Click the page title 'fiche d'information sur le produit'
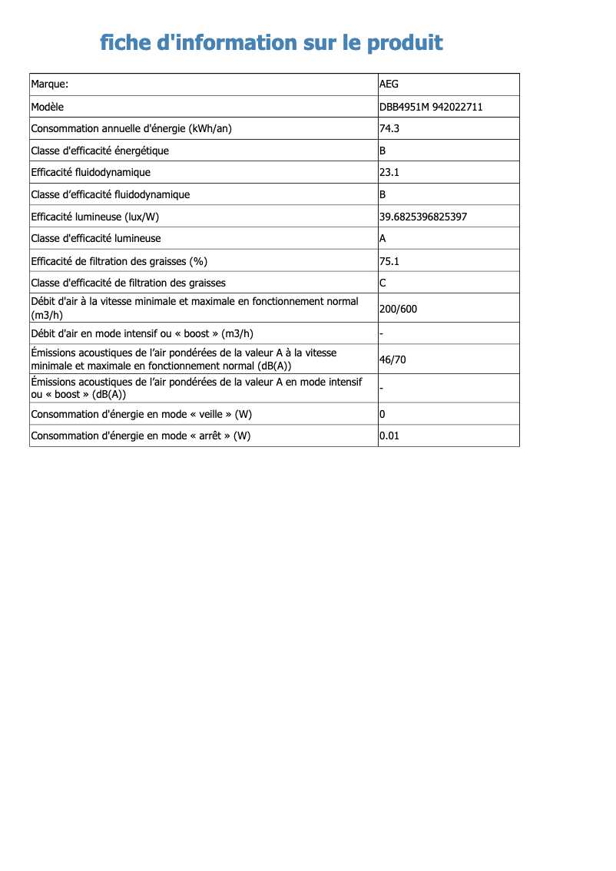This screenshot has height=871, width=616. [271, 42]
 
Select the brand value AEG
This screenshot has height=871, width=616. [389, 84]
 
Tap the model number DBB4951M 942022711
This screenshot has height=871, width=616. [431, 107]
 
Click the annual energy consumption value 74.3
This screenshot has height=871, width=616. [389, 128]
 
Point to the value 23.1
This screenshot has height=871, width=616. [389, 172]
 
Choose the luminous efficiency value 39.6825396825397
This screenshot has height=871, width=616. [423, 217]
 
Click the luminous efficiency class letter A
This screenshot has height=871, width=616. [383, 239]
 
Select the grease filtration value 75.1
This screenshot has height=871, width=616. [389, 261]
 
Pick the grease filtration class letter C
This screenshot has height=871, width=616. [383, 283]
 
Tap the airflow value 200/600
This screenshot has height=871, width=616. [399, 310]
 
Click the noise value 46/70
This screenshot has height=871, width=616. [392, 359]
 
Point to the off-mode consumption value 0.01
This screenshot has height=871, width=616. [389, 435]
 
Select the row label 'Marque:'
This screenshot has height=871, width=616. [50, 84]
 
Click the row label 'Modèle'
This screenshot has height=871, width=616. [48, 107]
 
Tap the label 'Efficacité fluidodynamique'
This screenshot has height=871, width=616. [91, 172]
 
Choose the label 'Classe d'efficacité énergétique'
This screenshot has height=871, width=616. [100, 151]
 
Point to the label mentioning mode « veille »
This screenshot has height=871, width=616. [141, 414]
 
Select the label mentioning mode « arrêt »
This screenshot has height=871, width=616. [141, 435]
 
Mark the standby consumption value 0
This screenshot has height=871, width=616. [383, 414]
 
